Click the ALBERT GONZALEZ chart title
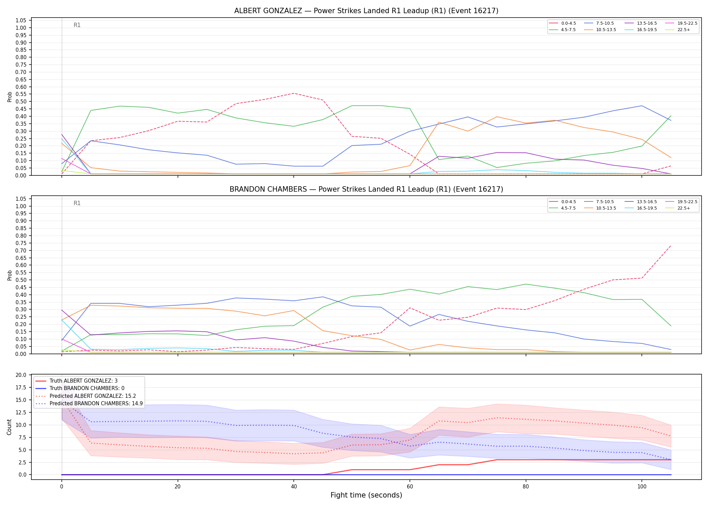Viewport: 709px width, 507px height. tap(366, 11)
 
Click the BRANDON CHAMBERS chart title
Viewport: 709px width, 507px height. tap(366, 189)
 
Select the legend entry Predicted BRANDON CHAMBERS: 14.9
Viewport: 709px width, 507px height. tap(89, 404)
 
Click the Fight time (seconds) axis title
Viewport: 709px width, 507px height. tap(366, 495)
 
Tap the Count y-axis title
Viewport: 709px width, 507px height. tap(9, 427)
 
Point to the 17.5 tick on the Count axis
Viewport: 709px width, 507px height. tap(21, 387)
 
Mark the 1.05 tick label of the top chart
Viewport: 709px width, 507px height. tap(21, 20)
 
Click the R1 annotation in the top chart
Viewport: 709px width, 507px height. tap(77, 25)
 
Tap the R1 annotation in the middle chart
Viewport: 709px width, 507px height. tap(77, 203)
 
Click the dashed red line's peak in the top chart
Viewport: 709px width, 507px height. tap(294, 93)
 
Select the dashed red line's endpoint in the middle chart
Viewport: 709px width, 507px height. tap(671, 246)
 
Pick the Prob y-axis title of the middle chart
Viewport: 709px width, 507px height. tap(9, 275)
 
